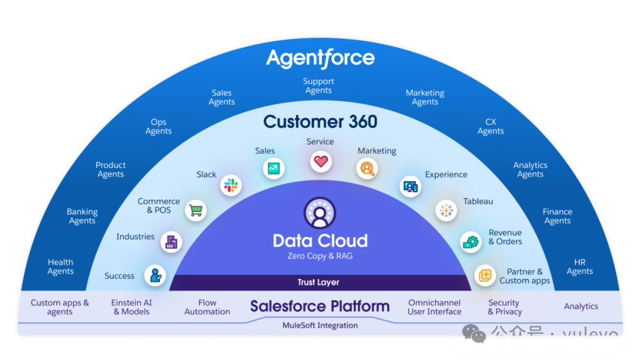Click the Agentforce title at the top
320,58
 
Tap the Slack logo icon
230,186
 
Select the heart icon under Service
320,161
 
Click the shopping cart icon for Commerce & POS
195,210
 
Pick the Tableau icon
446,210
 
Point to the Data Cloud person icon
319,213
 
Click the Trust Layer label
318,282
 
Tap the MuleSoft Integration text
320,325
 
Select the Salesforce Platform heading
320,306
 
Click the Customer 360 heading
320,122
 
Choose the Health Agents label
60,266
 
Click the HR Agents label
580,266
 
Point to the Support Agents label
318,86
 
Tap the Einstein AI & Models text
131,307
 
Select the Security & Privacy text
505,307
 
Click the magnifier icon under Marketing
367,169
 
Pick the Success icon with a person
155,275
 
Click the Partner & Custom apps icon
485,275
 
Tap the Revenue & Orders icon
471,241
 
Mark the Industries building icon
172,242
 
